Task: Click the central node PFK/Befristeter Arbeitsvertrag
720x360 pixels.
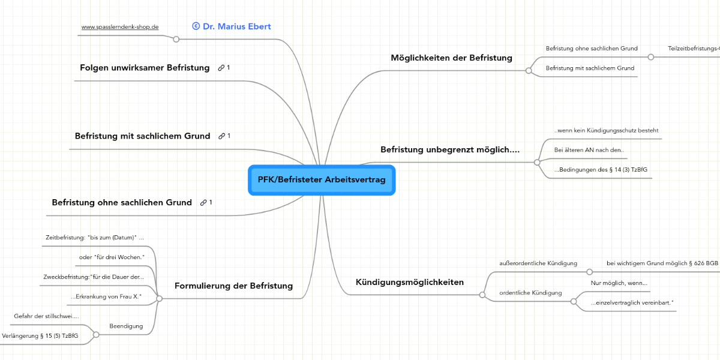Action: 322,180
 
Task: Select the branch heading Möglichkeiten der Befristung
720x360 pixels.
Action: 451,58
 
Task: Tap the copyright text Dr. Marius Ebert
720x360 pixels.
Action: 232,26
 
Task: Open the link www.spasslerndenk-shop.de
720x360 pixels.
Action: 120,28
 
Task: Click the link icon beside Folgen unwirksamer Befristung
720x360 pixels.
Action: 221,68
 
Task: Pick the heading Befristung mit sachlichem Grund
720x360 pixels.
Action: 142,136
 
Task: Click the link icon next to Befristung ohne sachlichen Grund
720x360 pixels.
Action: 204,203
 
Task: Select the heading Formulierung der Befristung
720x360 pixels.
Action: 233,286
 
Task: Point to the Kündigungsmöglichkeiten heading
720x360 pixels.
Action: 410,283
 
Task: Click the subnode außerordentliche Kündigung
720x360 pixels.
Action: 538,263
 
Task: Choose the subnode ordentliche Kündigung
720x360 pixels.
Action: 530,293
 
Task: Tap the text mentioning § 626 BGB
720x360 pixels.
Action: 662,263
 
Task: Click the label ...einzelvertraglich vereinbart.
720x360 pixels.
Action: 631,303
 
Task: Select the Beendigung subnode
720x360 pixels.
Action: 126,326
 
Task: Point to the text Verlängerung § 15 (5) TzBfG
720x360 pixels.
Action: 40,336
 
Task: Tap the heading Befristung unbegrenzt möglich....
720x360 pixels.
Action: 450,149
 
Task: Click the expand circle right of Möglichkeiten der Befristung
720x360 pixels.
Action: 529,70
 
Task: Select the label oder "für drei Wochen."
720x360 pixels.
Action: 112,257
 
